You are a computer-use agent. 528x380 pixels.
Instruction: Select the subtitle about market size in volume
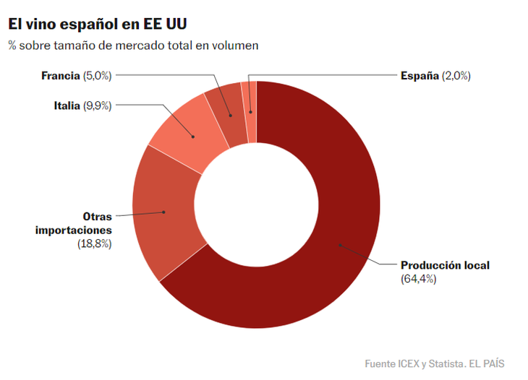pos(133,45)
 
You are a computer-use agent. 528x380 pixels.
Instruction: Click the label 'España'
pos(420,75)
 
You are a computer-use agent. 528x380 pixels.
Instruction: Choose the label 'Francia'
pos(60,75)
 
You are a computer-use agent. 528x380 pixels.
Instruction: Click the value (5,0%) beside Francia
pos(97,75)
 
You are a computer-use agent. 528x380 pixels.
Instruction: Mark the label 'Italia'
pos(67,105)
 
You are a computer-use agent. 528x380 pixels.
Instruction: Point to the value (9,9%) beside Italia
pos(97,105)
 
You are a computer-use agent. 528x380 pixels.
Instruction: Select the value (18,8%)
pos(94,244)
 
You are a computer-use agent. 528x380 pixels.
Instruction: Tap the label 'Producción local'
pos(445,265)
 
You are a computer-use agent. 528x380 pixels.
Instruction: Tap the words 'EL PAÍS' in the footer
pos(487,363)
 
